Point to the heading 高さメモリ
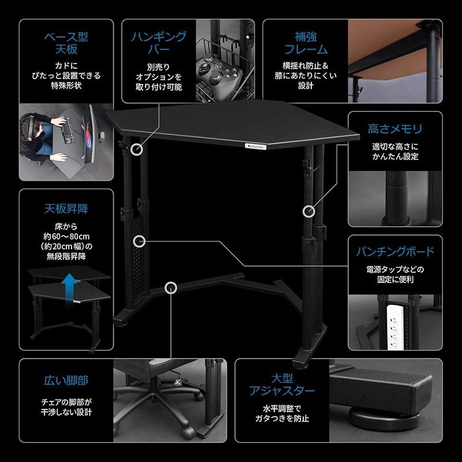(395, 129)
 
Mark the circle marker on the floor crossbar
(170, 287)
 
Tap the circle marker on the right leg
(308, 211)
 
